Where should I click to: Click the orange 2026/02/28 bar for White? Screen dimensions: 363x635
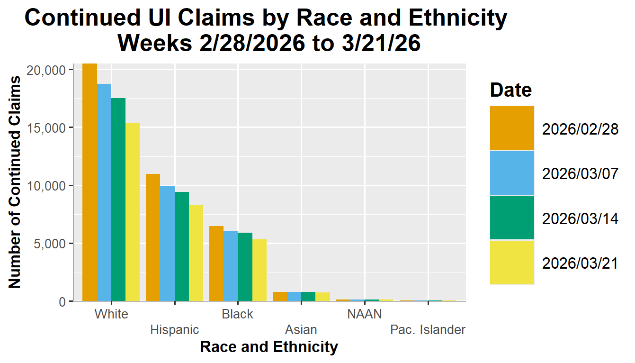pyautogui.click(x=90, y=182)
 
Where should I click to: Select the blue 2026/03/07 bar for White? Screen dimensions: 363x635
pyautogui.click(x=104, y=192)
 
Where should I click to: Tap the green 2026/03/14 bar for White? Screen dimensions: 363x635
pyautogui.click(x=118, y=200)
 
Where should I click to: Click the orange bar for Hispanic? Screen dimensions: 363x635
pyautogui.click(x=153, y=237)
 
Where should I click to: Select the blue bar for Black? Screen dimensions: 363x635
pyautogui.click(x=231, y=266)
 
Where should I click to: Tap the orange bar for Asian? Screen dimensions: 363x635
pyautogui.click(x=280, y=296)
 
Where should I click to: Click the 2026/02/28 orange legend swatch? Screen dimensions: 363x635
pyautogui.click(x=512, y=128)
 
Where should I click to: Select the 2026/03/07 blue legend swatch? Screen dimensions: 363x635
pyautogui.click(x=512, y=173)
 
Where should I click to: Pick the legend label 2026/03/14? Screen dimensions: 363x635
pyautogui.click(x=580, y=218)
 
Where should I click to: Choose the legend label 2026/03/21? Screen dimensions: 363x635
pyautogui.click(x=580, y=263)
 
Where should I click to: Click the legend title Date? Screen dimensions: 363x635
pyautogui.click(x=511, y=90)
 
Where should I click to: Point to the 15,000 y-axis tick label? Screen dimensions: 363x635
pyautogui.click(x=53, y=128)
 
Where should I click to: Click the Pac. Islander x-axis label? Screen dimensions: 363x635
pyautogui.click(x=428, y=330)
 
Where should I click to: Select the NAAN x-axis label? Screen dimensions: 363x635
pyautogui.click(x=364, y=314)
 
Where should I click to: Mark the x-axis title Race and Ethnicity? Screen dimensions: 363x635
pyautogui.click(x=269, y=347)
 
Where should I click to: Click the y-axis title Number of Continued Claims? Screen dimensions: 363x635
pyautogui.click(x=15, y=182)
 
